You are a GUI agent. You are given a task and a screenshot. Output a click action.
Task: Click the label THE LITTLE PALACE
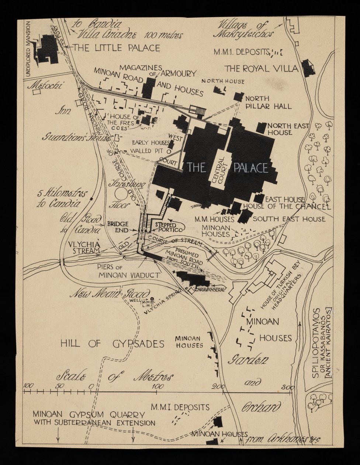pos(117,48)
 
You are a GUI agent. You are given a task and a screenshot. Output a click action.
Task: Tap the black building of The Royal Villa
pos(307,68)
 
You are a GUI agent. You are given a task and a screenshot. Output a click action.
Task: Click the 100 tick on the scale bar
pos(158,391)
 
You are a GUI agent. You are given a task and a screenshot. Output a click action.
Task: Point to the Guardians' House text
pos(76,138)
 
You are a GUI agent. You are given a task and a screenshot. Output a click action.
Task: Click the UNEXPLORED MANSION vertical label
pos(28,49)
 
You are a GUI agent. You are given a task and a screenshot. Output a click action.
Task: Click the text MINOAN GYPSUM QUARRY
pos(89,414)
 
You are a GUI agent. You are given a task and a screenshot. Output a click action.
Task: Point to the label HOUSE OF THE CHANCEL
pos(286,206)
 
